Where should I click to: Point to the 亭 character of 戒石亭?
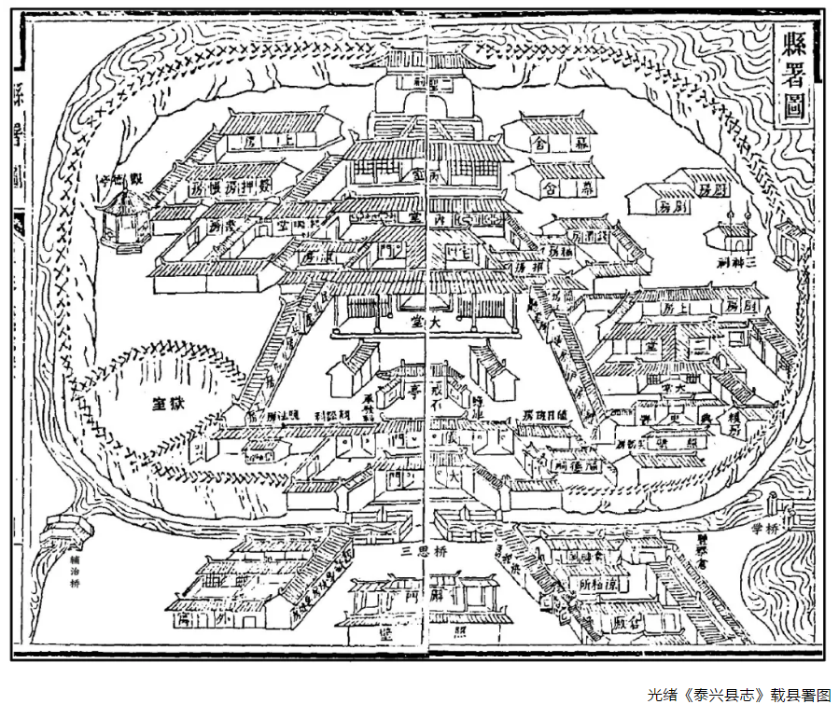[412, 393]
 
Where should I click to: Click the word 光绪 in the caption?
[658, 695]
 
